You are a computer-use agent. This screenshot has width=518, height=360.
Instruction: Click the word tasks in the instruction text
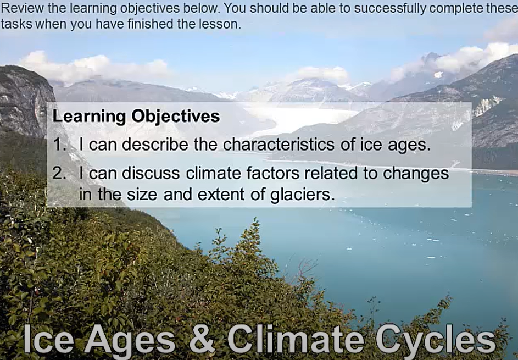coord(14,25)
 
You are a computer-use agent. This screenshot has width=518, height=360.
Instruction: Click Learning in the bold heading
coord(88,117)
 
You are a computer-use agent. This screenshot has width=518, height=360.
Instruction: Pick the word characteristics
coord(278,145)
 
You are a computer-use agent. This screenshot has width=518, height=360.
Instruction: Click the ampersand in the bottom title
coord(202,339)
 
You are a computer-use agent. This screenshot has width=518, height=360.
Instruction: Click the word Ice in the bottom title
coord(48,339)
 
